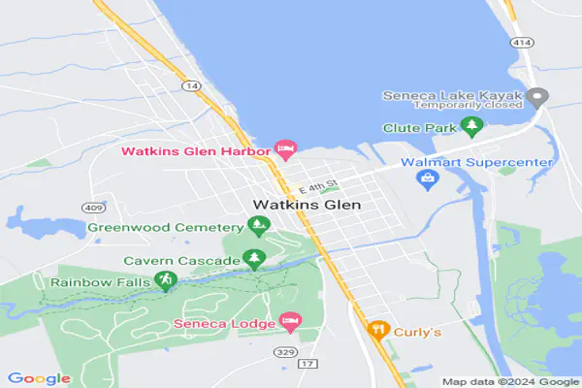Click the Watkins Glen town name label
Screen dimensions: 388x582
coord(306,206)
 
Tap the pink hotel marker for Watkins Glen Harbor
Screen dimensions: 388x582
coord(285,150)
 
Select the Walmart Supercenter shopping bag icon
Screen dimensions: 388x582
coord(425,179)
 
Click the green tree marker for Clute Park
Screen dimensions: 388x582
coord(472,126)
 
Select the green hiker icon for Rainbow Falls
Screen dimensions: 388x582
coord(166,281)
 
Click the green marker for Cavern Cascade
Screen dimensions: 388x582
coord(254,260)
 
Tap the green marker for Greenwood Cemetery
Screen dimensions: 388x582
coord(258,227)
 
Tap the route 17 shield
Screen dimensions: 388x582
coord(309,364)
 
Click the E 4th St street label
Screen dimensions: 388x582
coord(317,184)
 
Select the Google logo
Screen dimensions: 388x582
coord(39,378)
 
